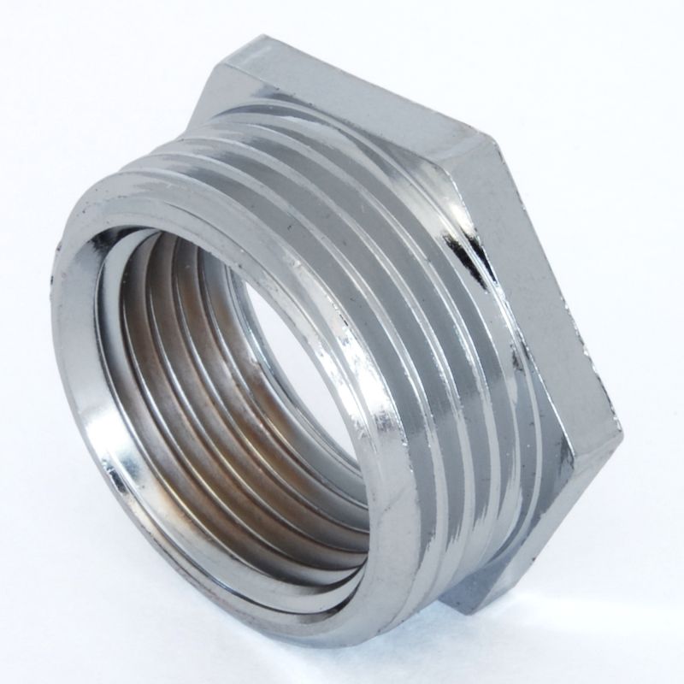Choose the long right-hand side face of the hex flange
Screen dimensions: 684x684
coord(556,282)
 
